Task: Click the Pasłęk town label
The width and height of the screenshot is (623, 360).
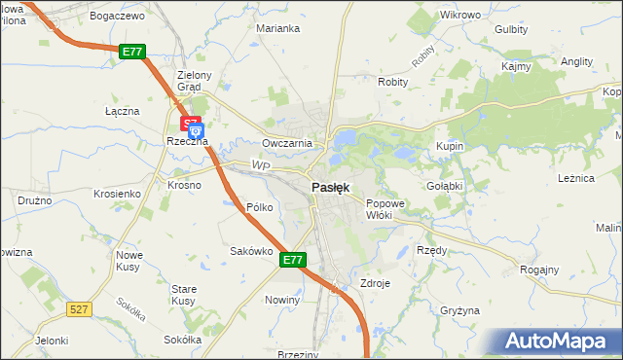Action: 331,187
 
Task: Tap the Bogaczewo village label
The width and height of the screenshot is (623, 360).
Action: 116,17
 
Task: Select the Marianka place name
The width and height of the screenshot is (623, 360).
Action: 277,28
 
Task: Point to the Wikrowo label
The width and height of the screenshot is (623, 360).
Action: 460,16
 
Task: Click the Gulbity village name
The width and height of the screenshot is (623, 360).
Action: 511,29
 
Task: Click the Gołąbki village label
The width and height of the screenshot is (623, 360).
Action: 444,185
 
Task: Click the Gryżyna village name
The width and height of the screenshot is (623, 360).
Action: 459,310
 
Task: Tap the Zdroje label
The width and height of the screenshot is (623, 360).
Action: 375,283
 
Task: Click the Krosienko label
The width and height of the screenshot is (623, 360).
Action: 117,194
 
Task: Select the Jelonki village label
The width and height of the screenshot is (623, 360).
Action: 52,341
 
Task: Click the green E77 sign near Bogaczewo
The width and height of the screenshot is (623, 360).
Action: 133,52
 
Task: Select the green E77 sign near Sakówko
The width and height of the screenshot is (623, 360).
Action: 294,260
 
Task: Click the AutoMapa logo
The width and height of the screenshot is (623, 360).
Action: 559,340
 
